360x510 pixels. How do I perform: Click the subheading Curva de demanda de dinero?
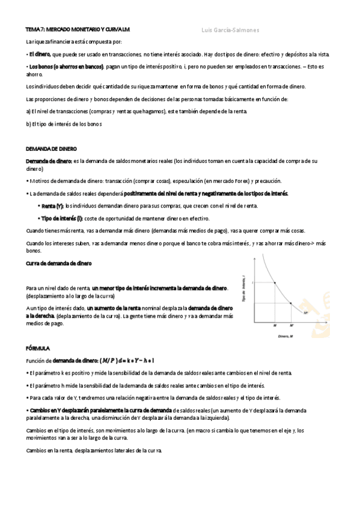pos(58,263)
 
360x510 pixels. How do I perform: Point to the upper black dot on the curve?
pos(275,283)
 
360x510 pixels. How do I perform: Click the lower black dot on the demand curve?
pos(291,303)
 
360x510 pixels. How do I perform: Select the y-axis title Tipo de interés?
pos(243,286)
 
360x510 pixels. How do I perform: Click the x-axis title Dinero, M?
pos(285,336)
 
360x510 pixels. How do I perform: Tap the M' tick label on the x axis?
pos(291,325)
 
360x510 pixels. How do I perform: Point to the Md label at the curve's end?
pos(306,313)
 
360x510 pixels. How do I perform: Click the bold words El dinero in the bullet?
pos(39,55)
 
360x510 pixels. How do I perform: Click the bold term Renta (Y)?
pos(52,206)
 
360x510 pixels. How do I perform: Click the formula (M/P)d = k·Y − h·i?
pos(127,360)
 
